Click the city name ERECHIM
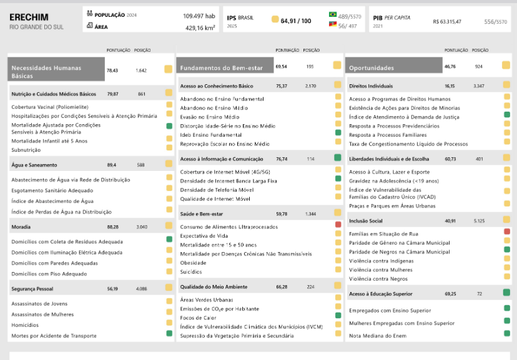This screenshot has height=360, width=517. [29, 17]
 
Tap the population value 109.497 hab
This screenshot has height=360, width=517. [199, 16]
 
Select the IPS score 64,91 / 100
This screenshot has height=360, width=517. [296, 21]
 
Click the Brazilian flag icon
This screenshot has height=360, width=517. [333, 14]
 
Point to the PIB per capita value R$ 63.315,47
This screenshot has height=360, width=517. [447, 22]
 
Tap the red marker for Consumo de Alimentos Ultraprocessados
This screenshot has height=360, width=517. [338, 225]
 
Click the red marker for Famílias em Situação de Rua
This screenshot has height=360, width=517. [507, 231]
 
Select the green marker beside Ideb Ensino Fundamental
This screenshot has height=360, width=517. [338, 132]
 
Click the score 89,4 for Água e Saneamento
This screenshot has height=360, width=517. [111, 165]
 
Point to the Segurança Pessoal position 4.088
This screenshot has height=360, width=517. [142, 289]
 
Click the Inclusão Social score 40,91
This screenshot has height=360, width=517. [450, 221]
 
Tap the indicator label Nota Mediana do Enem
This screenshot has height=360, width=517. [378, 336]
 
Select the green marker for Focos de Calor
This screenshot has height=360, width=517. [338, 315]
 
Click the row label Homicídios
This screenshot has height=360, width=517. [25, 325]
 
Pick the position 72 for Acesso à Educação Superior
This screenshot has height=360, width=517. [480, 294]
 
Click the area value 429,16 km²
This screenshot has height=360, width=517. [200, 28]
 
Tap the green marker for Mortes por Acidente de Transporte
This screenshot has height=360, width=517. [169, 333]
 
